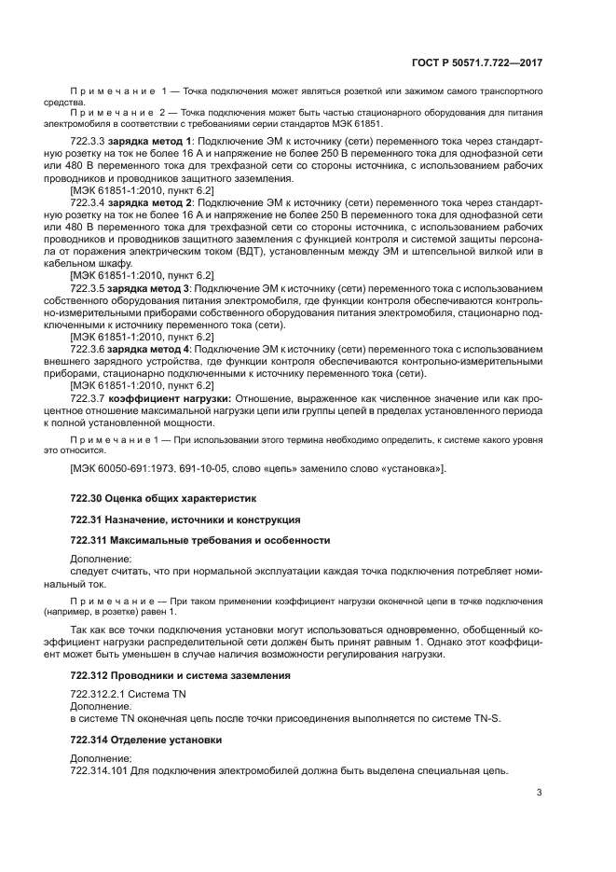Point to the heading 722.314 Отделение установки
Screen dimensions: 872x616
(x=146, y=739)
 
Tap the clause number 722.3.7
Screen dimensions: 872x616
(x=89, y=398)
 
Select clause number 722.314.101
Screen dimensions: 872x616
(x=99, y=771)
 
